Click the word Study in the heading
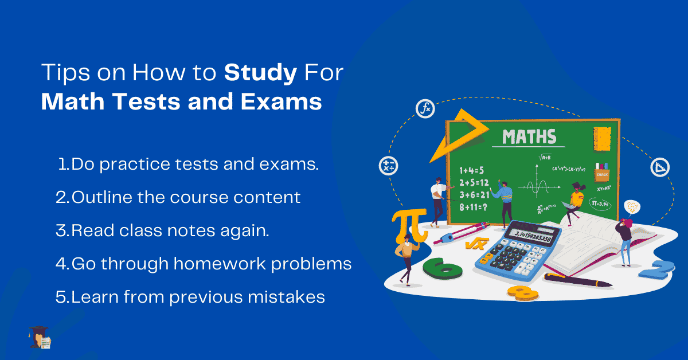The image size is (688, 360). pyautogui.click(x=260, y=73)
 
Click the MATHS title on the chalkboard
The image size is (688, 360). pyautogui.click(x=529, y=137)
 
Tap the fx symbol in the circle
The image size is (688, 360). pyautogui.click(x=426, y=108)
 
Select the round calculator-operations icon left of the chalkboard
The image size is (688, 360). pyautogui.click(x=388, y=166)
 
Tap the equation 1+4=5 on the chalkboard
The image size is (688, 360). pyautogui.click(x=472, y=170)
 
